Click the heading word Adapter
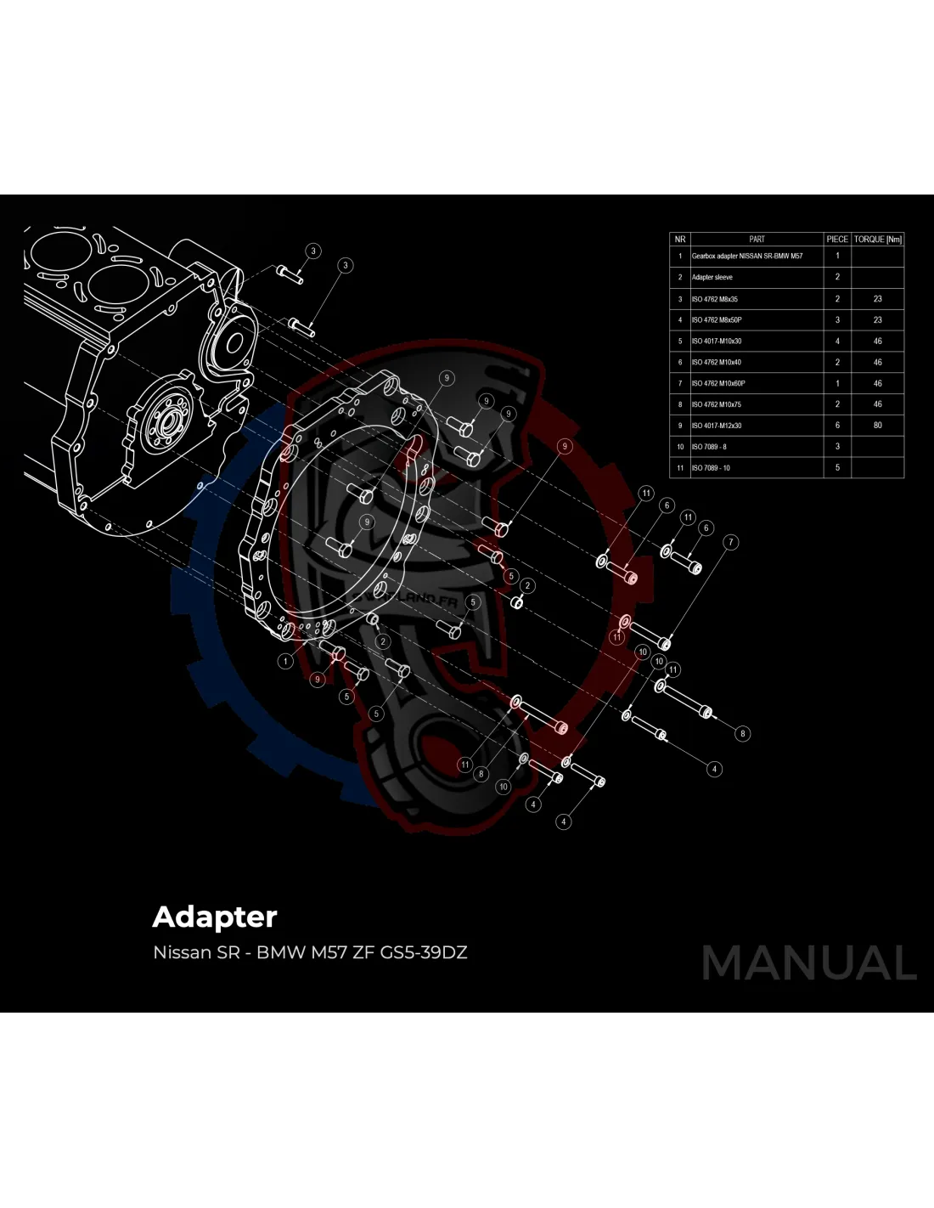[x=215, y=917]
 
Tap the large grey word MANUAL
[x=809, y=963]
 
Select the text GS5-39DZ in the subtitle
[x=424, y=952]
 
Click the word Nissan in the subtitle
[x=182, y=952]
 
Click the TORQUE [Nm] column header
[x=877, y=240]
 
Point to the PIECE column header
[x=837, y=240]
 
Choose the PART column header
[x=757, y=240]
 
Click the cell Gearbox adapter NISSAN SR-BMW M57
[x=747, y=256]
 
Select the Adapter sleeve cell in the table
[x=712, y=277]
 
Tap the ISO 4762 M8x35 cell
[x=715, y=299]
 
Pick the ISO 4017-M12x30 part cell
[x=717, y=426]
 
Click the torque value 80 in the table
[x=877, y=426]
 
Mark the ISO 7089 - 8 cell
[x=709, y=447]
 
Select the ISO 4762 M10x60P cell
[x=718, y=383]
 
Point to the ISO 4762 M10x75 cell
[x=717, y=404]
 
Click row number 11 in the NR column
[x=679, y=468]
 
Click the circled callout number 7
[x=730, y=542]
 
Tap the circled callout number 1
[x=286, y=661]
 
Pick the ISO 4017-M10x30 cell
[x=717, y=342]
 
